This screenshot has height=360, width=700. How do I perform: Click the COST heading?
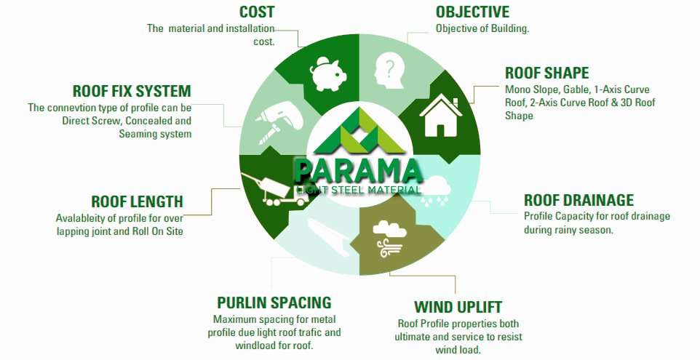[x=257, y=12]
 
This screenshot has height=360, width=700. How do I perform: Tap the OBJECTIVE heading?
[x=472, y=12]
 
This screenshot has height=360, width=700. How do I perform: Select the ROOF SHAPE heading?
[x=547, y=73]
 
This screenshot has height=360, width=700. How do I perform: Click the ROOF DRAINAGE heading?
[x=578, y=200]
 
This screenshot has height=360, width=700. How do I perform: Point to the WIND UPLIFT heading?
[x=458, y=307]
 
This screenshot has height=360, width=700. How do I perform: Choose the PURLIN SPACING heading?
[x=274, y=303]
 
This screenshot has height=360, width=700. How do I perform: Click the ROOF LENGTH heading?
[x=137, y=201]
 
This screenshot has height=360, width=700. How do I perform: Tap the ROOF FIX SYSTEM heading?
[x=132, y=91]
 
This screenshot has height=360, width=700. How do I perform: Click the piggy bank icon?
[x=328, y=73]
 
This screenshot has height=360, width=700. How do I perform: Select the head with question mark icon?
[x=389, y=71]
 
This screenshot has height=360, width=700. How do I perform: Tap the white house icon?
[x=440, y=115]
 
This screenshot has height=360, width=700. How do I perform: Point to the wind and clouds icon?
[x=389, y=239]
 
